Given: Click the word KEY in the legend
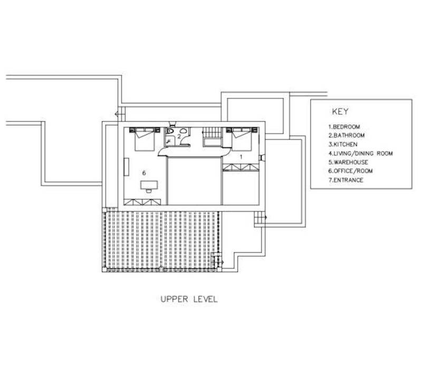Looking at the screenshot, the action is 340,112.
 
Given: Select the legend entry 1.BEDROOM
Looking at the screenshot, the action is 344,127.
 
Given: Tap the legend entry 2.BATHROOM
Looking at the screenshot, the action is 346,135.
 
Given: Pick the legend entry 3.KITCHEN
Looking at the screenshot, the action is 343,144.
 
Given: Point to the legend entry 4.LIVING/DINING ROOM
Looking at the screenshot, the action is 360,153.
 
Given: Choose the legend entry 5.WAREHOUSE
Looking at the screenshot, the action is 348,162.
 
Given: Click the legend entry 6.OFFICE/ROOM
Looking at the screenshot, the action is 350,171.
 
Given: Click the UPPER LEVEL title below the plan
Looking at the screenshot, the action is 189,299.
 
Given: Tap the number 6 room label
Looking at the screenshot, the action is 144,173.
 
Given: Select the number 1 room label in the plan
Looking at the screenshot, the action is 241,157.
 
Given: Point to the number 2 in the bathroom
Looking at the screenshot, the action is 179,136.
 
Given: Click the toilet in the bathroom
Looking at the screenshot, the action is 170,131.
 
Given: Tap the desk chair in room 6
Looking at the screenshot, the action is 149,191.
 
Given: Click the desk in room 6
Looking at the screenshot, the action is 149,185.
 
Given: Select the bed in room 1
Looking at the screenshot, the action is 242,139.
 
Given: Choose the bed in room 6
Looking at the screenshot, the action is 145,139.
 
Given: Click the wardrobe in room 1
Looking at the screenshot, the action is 241,167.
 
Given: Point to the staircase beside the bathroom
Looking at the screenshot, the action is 212,137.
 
